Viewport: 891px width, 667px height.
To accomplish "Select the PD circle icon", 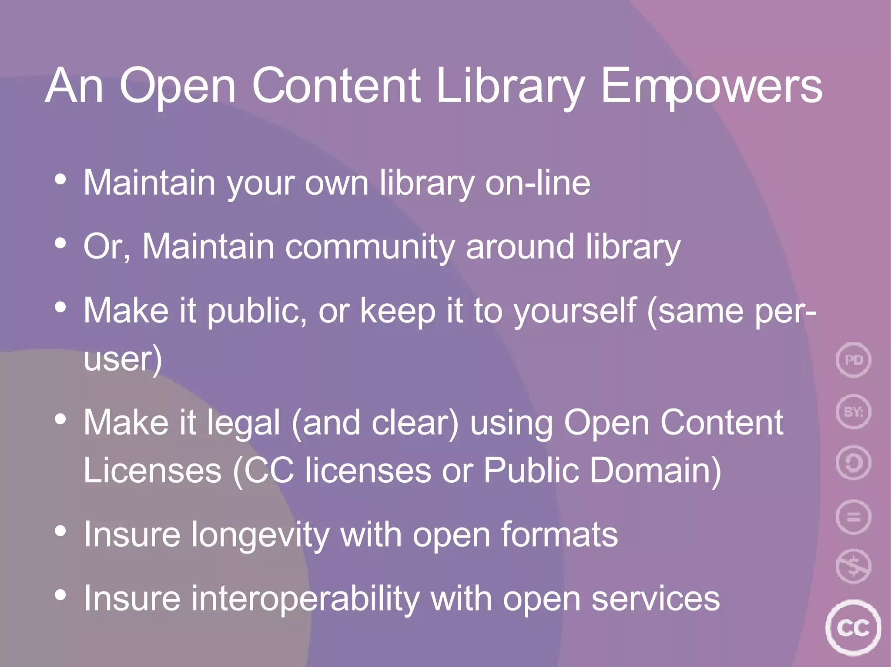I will click(x=853, y=360).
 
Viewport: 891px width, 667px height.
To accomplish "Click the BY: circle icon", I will click(x=853, y=411).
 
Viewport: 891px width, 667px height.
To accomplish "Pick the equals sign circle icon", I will click(x=853, y=517).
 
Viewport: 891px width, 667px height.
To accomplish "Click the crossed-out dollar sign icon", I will click(x=853, y=567).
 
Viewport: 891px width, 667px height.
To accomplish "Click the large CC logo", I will click(x=853, y=627).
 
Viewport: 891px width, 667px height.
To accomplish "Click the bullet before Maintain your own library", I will click(x=60, y=179).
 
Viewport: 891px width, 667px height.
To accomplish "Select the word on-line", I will click(x=538, y=183).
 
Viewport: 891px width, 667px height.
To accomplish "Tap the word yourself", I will click(x=575, y=311).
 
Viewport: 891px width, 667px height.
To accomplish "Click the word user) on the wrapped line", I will click(x=123, y=359).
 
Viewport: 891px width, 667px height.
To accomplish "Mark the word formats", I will click(x=559, y=534).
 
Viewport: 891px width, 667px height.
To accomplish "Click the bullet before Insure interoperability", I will click(x=60, y=594).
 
